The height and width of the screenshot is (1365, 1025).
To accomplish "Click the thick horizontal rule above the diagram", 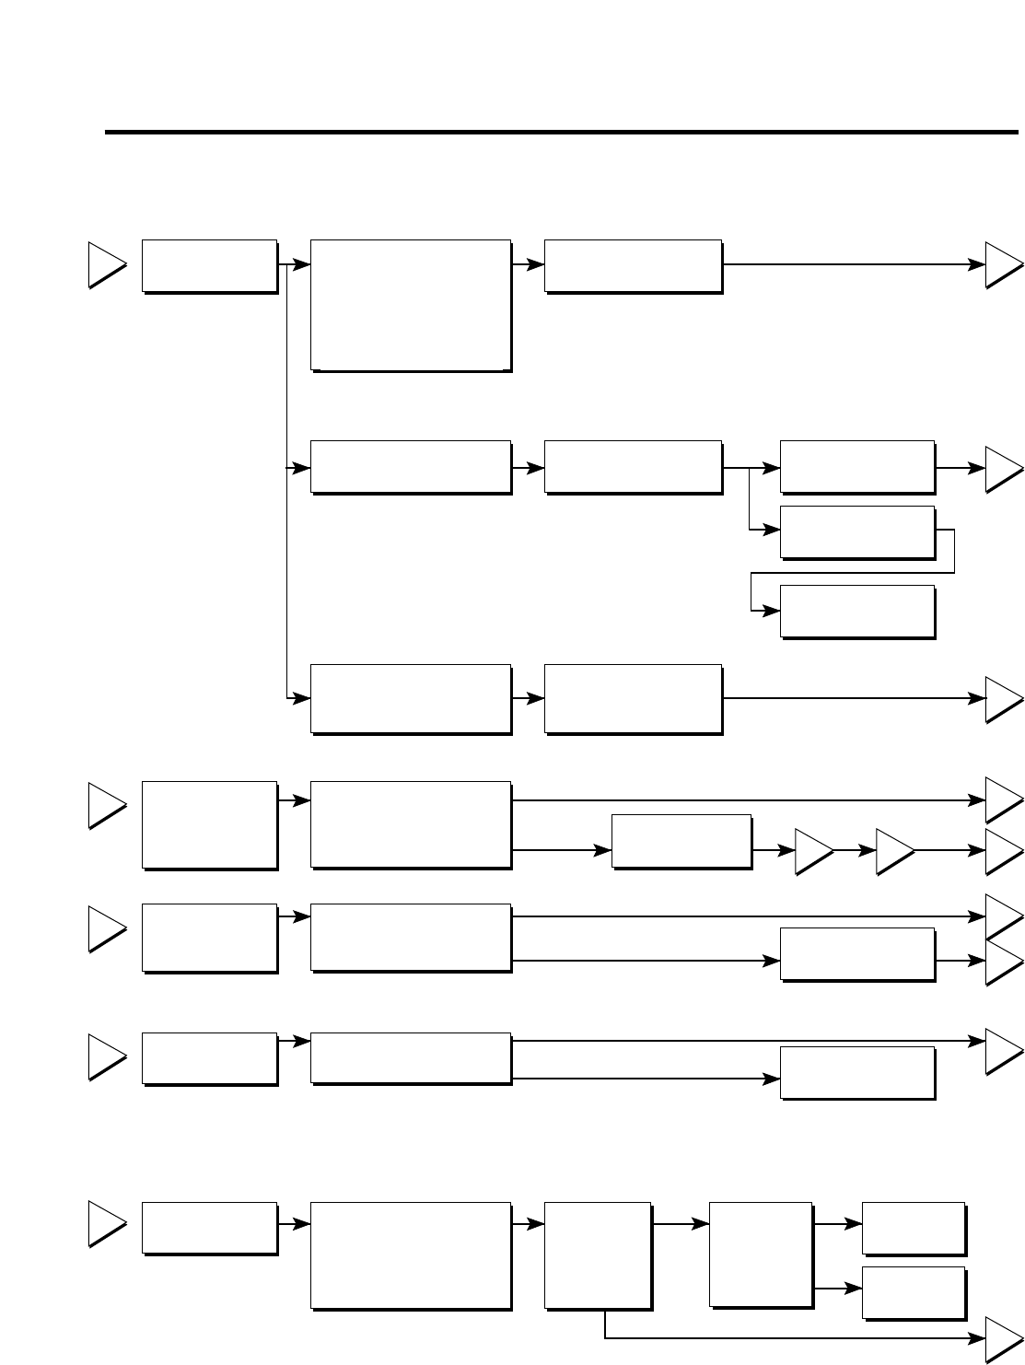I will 553,133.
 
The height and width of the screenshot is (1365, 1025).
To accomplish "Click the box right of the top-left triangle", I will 209,266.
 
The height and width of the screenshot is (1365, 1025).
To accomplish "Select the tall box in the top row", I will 411,305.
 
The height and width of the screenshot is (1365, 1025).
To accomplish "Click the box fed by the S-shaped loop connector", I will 857,611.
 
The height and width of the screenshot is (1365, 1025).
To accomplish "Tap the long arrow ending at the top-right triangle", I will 847,264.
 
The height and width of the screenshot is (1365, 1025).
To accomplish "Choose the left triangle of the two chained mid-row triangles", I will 811,852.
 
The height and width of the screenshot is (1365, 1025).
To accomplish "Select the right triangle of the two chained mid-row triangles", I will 892,852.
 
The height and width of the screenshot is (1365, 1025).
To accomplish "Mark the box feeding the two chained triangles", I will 681,840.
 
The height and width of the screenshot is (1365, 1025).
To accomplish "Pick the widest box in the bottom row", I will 411,1254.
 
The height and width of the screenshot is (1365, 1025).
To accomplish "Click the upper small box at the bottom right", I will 914,1228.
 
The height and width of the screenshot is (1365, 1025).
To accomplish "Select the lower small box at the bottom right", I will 914,1292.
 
